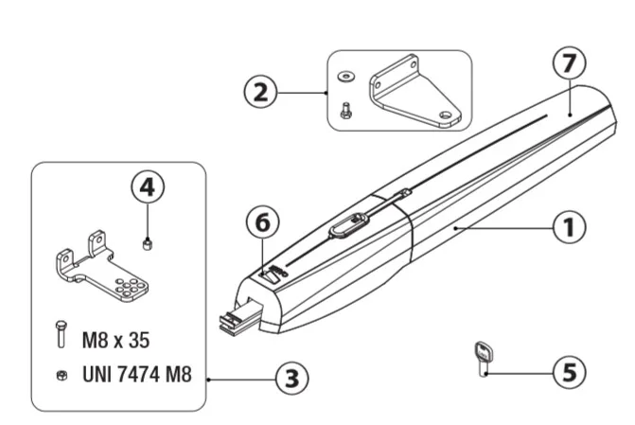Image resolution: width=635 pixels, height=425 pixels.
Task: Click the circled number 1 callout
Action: click(x=568, y=227)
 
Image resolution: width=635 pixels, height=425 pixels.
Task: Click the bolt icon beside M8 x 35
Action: click(x=62, y=336)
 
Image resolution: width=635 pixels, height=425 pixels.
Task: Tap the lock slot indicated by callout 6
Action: click(x=274, y=274)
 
